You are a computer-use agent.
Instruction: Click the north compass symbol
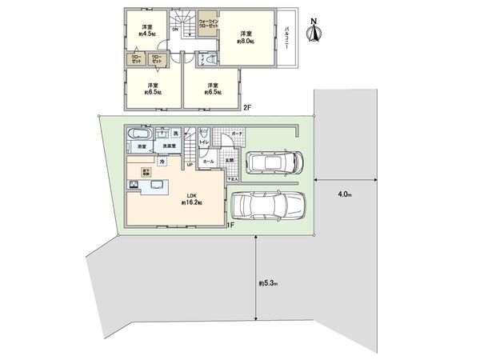(x=316, y=33)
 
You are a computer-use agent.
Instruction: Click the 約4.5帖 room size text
(x=146, y=34)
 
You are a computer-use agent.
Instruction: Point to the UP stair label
(x=190, y=166)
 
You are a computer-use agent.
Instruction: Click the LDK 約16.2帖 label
(x=191, y=198)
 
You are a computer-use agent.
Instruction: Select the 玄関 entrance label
(x=229, y=160)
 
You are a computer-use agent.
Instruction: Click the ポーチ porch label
(x=237, y=134)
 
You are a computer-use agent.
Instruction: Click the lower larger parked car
(x=268, y=206)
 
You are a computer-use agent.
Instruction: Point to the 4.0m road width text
(x=344, y=194)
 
